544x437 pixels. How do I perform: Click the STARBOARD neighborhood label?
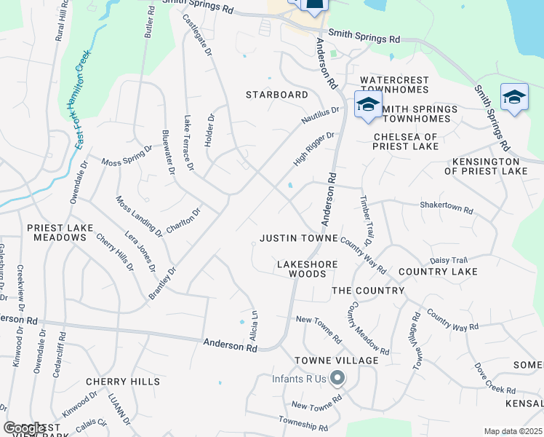pos(276,95)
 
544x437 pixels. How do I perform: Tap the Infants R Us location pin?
pos(337,377)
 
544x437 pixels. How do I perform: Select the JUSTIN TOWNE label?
pos(298,238)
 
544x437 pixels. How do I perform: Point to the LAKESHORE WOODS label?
pos(305,269)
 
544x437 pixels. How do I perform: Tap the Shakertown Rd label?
pos(446,208)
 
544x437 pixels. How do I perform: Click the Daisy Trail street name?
pos(449,259)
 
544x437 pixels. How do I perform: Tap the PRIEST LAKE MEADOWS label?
pos(60,232)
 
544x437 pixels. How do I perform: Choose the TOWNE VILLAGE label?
pos(336,361)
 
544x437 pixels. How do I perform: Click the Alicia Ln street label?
pos(255,322)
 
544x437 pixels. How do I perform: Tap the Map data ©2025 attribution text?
pos(513,431)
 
